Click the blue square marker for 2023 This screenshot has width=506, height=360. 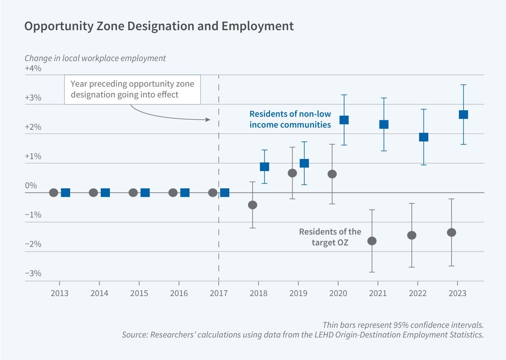[463, 114]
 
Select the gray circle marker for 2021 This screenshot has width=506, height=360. [372, 241]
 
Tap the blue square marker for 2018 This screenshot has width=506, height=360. [264, 167]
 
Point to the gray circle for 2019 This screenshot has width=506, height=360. [292, 173]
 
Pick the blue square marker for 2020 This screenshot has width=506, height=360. [344, 120]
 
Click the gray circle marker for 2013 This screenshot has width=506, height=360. [54, 193]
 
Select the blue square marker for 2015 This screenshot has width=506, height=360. [145, 193]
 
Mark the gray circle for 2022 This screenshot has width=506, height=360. [412, 235]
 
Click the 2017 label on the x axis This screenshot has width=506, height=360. [219, 293]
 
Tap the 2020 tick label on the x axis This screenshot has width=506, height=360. [338, 293]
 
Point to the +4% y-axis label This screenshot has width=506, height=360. [33, 68]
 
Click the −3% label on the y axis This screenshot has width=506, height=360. [33, 273]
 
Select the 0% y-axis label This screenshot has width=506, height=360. [31, 185]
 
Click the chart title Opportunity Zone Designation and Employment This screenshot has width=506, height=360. [159, 26]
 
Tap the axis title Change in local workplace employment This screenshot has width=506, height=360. [95, 58]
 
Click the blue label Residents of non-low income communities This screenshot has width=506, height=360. [290, 119]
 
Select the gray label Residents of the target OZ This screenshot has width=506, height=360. [330, 237]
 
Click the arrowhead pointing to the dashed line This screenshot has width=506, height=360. [208, 120]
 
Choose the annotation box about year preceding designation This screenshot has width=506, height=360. [132, 89]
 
